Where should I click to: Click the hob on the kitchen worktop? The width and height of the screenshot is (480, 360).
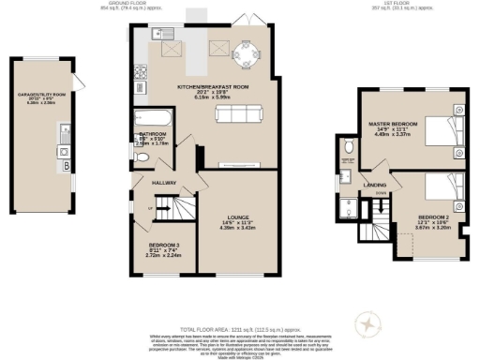point(140,71)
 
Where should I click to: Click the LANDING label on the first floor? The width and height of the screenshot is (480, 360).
point(377,186)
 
